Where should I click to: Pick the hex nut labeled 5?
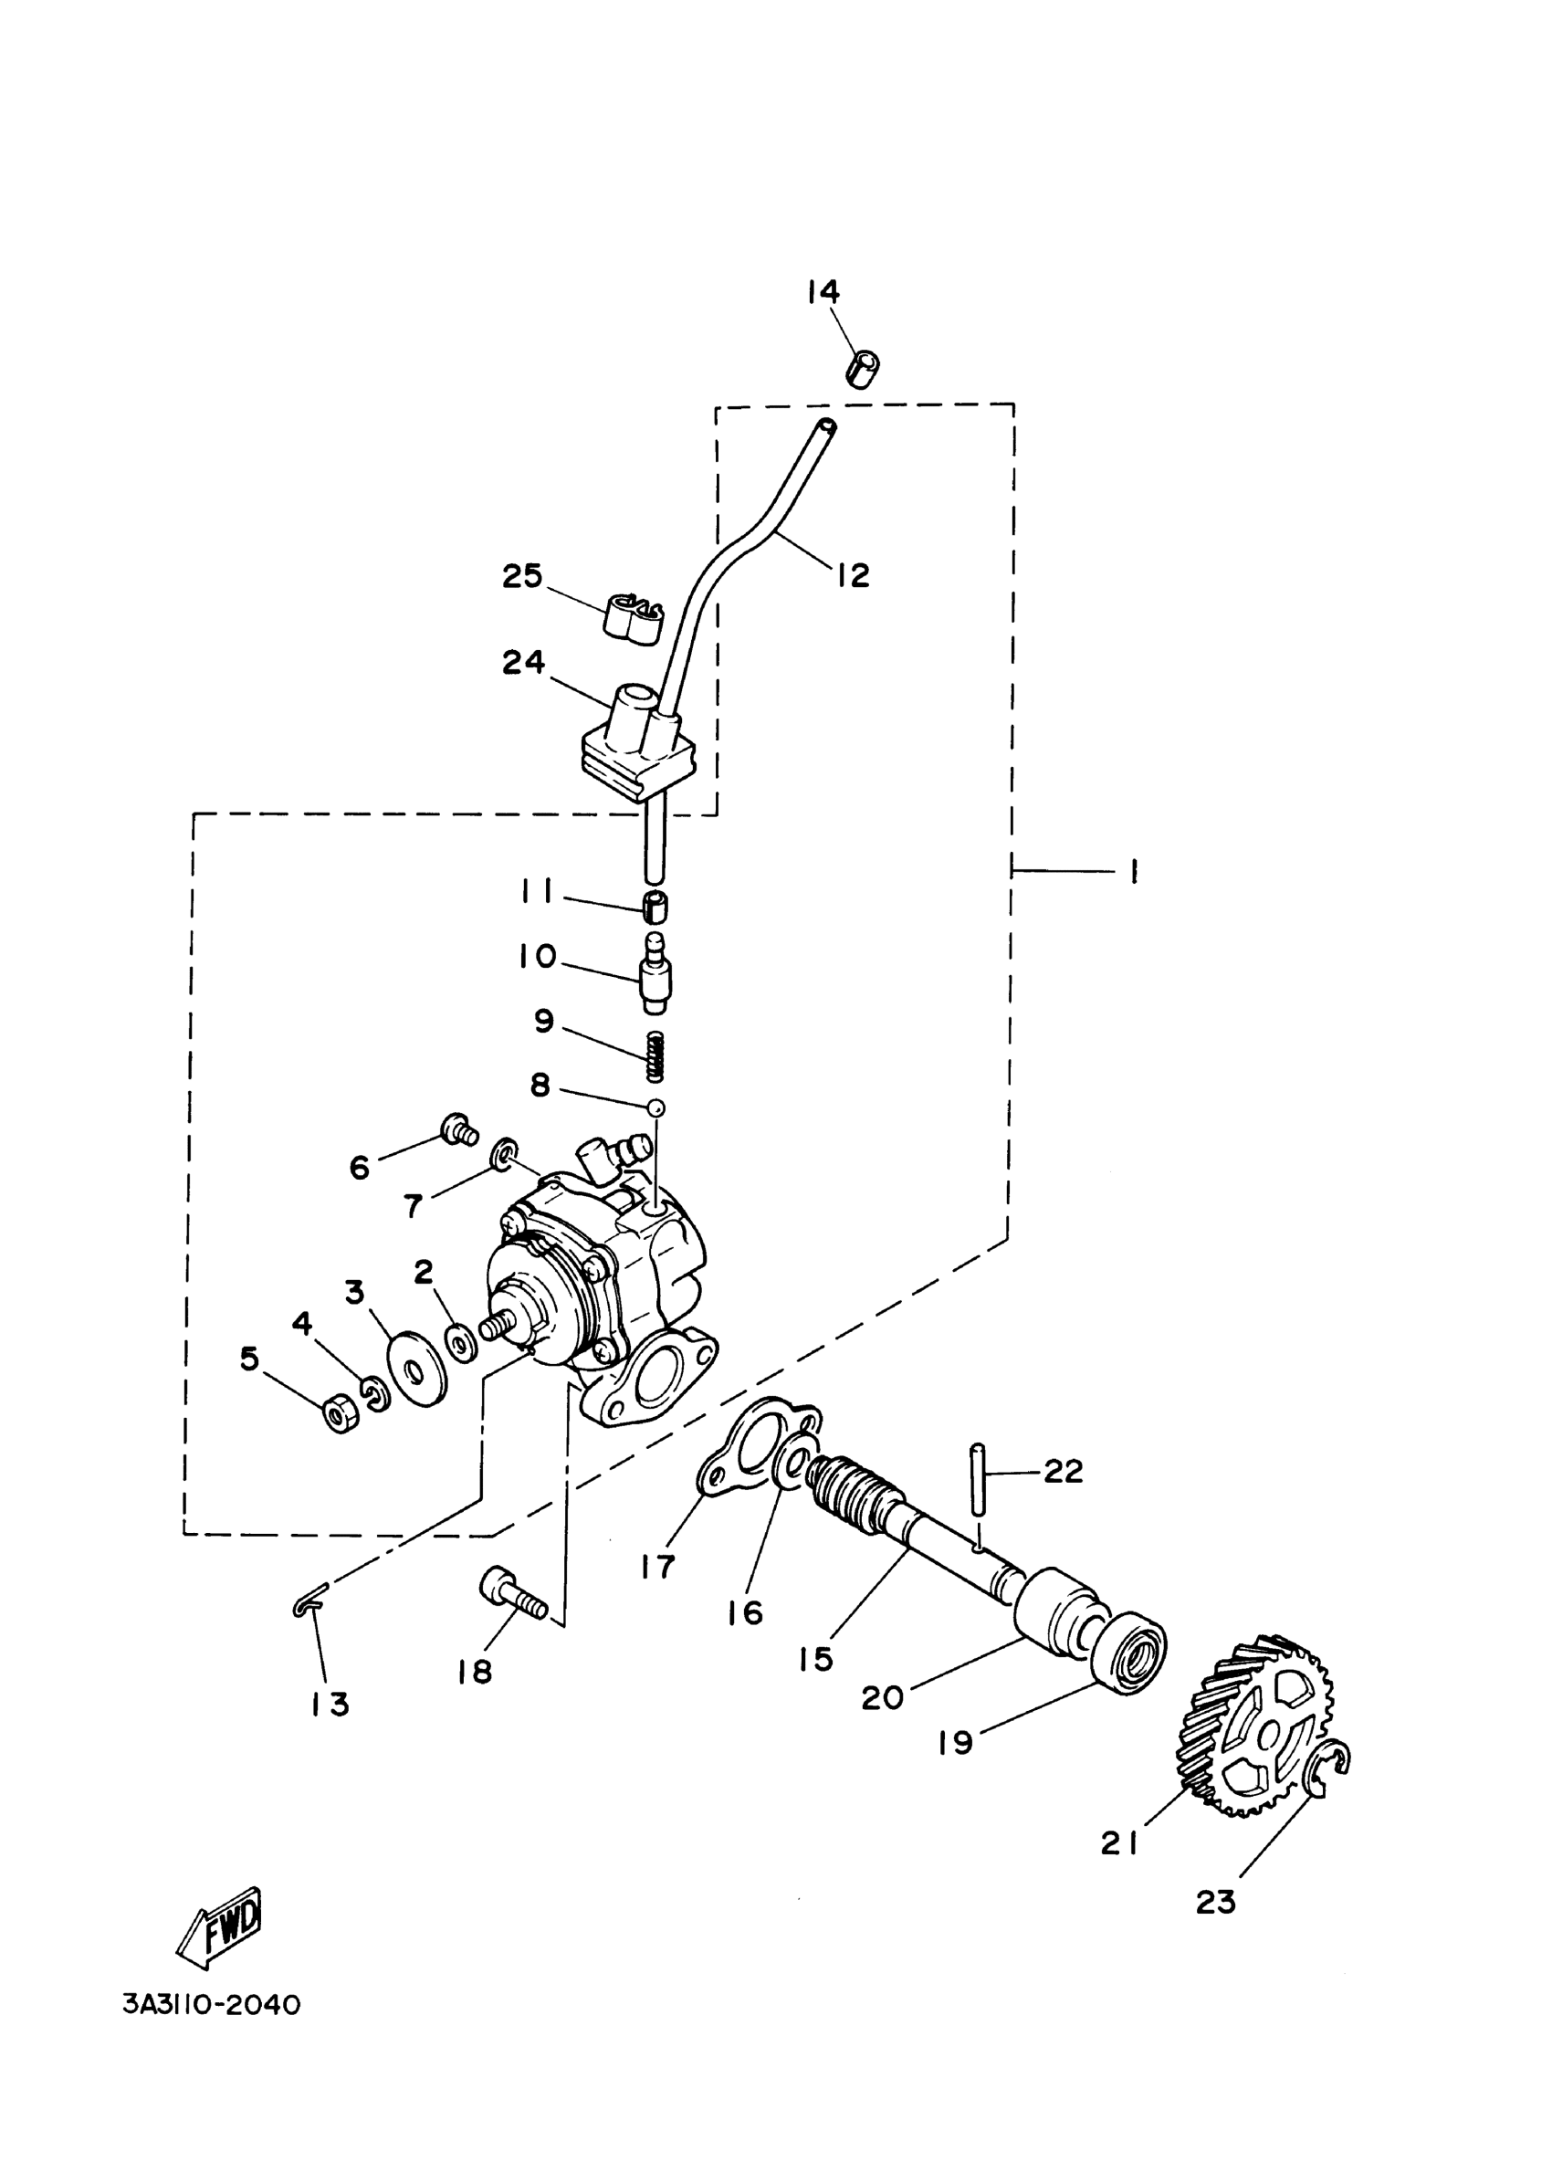click(x=340, y=1411)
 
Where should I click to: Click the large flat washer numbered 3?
click(x=417, y=1369)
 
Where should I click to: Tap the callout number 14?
click(x=823, y=290)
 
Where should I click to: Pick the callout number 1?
click(x=1132, y=871)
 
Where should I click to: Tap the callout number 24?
click(x=524, y=662)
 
